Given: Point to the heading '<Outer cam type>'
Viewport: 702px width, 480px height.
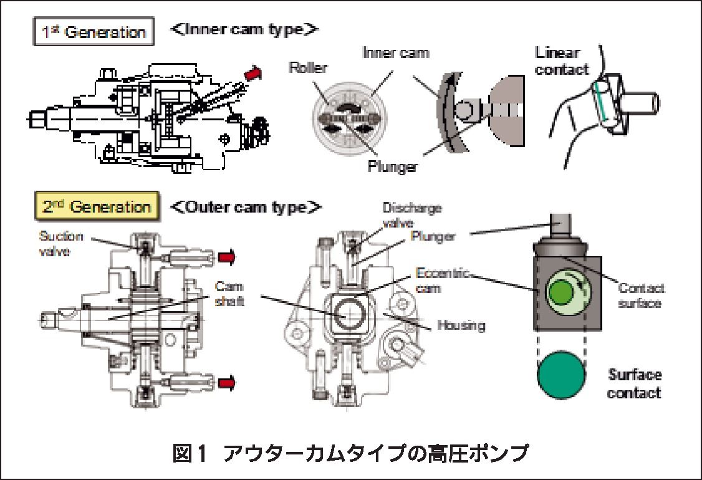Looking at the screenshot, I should (245, 206).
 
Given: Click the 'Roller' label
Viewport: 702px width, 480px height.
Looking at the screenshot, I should (308, 68).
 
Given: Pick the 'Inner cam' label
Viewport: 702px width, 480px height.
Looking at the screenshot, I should (396, 53).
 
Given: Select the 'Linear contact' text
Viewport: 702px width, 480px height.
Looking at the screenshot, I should (562, 60).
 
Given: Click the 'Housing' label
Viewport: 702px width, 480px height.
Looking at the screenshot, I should (461, 325).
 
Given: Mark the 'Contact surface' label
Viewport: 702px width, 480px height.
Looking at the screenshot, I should (642, 295).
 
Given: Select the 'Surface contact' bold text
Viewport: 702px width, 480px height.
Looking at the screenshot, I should (634, 384).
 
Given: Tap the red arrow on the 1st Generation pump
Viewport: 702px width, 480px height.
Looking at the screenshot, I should (253, 74).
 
